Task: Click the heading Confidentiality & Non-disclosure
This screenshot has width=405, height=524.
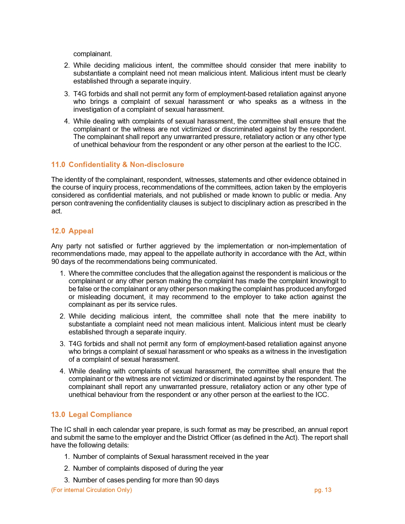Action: [x=126, y=165]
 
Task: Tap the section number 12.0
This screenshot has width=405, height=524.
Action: [x=58, y=231]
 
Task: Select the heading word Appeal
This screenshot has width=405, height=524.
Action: [x=81, y=231]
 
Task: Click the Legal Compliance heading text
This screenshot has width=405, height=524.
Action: [x=100, y=414]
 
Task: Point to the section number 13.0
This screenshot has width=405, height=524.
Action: [x=58, y=414]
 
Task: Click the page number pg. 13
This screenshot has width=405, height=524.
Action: [x=323, y=490]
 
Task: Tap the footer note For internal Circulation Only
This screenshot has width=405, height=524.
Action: [x=91, y=490]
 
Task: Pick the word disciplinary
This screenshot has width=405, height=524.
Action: [x=242, y=203]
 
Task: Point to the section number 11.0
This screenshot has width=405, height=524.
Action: [x=58, y=165]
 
